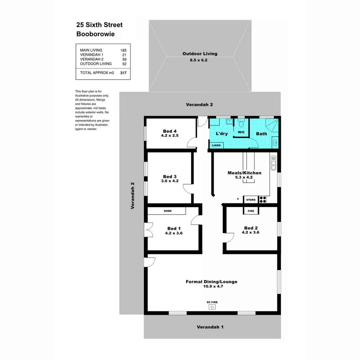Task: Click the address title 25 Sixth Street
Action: (x=99, y=25)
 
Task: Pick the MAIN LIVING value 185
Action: (x=124, y=50)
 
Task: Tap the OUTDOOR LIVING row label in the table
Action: (x=96, y=64)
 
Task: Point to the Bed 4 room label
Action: (x=170, y=131)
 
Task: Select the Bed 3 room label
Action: (x=170, y=177)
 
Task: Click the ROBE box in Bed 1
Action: (x=167, y=211)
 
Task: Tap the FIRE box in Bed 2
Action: (x=251, y=211)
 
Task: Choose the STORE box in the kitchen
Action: (x=251, y=200)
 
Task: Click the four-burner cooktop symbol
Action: (x=263, y=200)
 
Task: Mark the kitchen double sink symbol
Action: (x=273, y=163)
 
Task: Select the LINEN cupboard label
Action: (x=216, y=145)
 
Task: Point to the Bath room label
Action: (x=261, y=134)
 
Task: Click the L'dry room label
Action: (x=222, y=134)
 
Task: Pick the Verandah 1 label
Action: (x=210, y=327)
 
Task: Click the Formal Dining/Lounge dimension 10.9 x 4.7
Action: (x=212, y=286)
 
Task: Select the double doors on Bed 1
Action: (x=148, y=230)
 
